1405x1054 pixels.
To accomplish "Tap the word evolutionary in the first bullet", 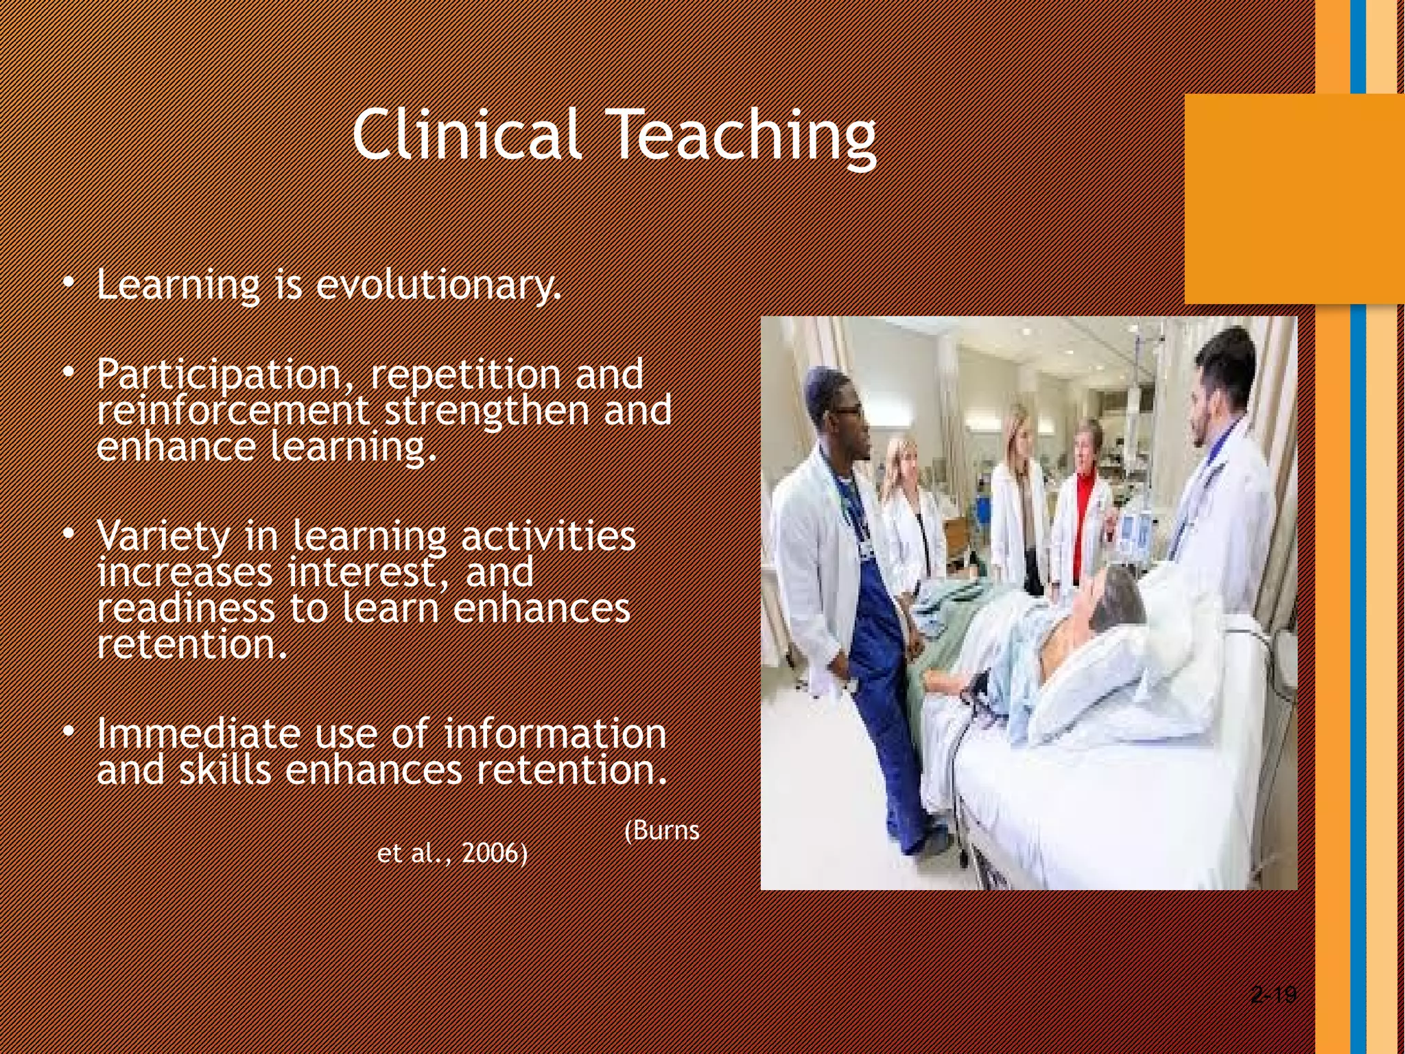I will pyautogui.click(x=438, y=285).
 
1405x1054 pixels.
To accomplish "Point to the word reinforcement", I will pyautogui.click(x=233, y=410).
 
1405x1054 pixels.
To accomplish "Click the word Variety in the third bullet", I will pyautogui.click(x=163, y=536).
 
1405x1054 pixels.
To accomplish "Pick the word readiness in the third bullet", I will pyautogui.click(x=185, y=608).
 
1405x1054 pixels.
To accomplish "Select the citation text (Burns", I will pyautogui.click(x=662, y=830).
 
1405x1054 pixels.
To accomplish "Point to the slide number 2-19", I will pyautogui.click(x=1274, y=994).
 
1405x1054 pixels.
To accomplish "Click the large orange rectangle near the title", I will pyautogui.click(x=1294, y=199).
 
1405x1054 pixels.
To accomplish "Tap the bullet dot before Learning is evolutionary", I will pyautogui.click(x=68, y=283).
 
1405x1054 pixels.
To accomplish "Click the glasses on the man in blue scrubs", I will pyautogui.click(x=848, y=411).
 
